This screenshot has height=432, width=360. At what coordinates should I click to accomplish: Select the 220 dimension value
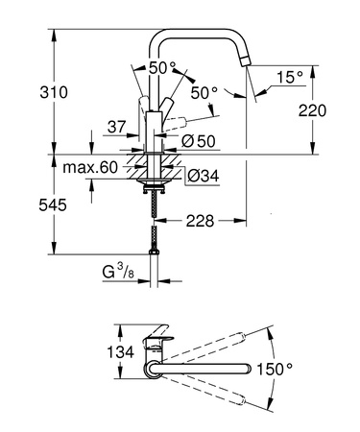[x=328, y=110]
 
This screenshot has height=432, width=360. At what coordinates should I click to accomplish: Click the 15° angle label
[x=292, y=76]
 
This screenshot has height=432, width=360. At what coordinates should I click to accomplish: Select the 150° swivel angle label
[x=300, y=370]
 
